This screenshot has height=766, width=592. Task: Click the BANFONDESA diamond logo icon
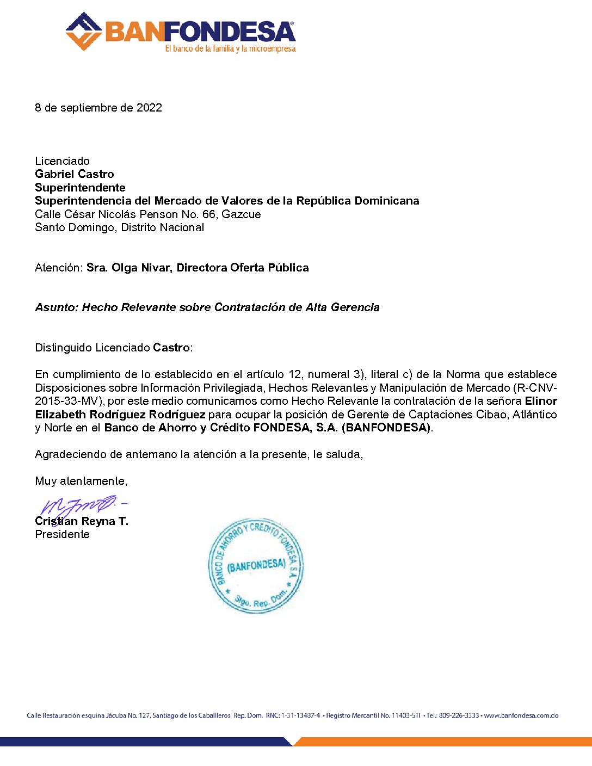tap(84, 32)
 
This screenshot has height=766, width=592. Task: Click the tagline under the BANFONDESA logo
tap(230, 49)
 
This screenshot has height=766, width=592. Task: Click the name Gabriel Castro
tap(75, 174)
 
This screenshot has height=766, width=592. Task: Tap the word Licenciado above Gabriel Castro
tap(62, 161)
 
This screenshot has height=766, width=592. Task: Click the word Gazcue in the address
tap(241, 214)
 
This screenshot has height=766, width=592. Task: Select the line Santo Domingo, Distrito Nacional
tap(119, 227)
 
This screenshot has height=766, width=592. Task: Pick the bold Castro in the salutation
tap(171, 348)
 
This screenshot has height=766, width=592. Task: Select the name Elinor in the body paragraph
tap(541, 401)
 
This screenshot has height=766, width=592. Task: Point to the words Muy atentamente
tap(81, 481)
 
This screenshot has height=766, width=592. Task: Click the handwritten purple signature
tap(82, 505)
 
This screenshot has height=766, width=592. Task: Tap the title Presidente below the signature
tap(62, 534)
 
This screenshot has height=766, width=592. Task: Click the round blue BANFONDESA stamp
tap(256, 566)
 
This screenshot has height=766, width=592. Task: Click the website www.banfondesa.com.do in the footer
tap(521, 715)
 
